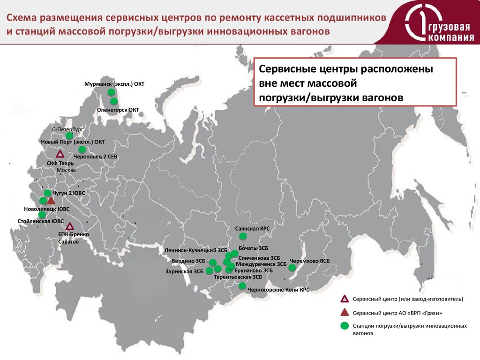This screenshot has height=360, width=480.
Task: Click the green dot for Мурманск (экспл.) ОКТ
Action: (x=111, y=92)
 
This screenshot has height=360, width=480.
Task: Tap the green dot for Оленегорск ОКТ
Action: (x=113, y=101)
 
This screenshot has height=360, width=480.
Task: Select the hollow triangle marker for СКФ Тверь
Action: (x=60, y=155)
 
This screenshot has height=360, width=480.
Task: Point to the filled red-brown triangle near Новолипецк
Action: (x=51, y=201)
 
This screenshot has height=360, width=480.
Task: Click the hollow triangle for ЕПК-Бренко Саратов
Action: (x=70, y=226)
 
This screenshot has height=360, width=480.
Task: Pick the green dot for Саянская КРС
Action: (x=242, y=236)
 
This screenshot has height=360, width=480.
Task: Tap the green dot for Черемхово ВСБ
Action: (x=292, y=268)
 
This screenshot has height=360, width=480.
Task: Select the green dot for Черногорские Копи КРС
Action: (x=242, y=286)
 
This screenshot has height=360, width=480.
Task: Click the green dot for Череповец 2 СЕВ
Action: (x=82, y=150)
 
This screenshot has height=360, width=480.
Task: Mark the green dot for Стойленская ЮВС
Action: (x=42, y=215)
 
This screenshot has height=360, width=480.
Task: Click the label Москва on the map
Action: (x=66, y=170)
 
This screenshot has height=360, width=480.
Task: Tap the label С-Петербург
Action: (x=67, y=128)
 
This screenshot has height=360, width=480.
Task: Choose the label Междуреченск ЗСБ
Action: (x=261, y=264)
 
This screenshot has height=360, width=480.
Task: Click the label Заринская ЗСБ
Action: (x=184, y=271)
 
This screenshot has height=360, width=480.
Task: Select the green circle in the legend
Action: (x=345, y=326)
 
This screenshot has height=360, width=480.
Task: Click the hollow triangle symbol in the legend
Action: (x=345, y=299)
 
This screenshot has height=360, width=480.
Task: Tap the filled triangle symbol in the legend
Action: (x=345, y=312)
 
